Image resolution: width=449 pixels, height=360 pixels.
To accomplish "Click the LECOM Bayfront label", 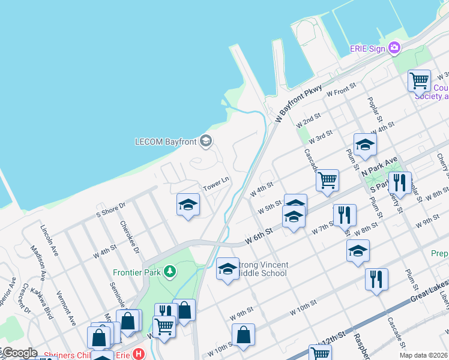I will click(x=166, y=142).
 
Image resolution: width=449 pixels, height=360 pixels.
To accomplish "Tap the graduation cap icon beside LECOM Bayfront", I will click(x=206, y=142).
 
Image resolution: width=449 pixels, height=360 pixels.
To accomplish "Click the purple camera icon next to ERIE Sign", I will click(x=394, y=47).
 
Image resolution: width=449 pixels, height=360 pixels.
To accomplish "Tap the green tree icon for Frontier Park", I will click(x=171, y=272).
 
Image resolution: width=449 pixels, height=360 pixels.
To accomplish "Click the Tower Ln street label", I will click(x=217, y=181).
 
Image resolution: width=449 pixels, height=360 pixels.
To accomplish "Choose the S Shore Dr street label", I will click(x=111, y=209).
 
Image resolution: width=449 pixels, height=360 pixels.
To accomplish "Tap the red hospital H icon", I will click(x=139, y=354).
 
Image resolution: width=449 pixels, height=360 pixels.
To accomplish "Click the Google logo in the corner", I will click(x=20, y=353).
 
